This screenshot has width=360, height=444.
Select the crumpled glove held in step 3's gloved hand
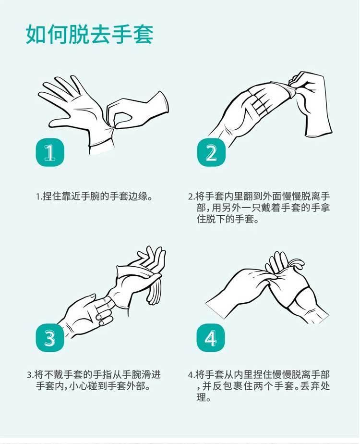137,276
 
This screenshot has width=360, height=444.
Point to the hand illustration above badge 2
269,106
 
